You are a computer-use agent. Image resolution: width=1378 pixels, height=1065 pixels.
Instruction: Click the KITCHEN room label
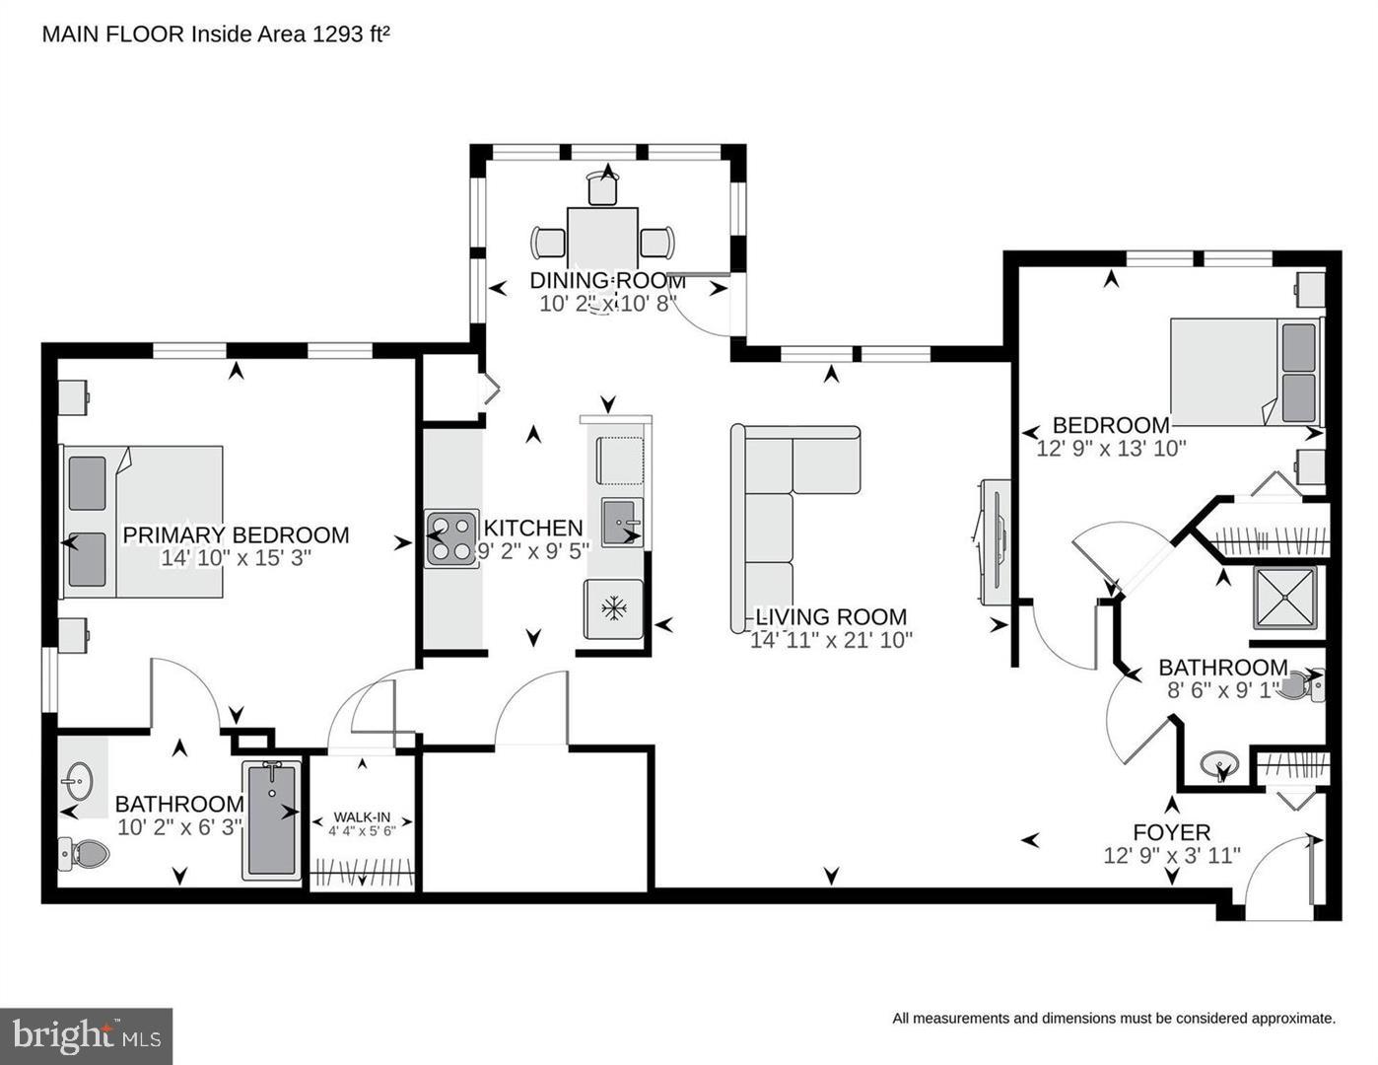pyautogui.click(x=532, y=528)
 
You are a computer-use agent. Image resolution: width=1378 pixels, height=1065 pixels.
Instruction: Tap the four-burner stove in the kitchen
pyautogui.click(x=452, y=538)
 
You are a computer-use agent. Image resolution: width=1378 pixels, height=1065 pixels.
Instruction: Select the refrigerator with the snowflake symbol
pyautogui.click(x=613, y=609)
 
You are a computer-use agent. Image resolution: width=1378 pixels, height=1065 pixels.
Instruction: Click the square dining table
pyautogui.click(x=602, y=239)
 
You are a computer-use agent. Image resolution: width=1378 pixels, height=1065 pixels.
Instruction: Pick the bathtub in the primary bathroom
pyautogui.click(x=272, y=820)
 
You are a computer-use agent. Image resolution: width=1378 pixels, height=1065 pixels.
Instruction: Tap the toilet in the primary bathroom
pyautogui.click(x=84, y=853)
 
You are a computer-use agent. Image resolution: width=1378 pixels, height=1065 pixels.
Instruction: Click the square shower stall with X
pyautogui.click(x=1284, y=599)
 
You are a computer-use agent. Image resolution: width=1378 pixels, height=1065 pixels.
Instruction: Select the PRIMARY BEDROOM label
pyautogui.click(x=236, y=534)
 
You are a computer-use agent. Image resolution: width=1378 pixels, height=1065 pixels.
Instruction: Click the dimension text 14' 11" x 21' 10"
pyautogui.click(x=831, y=640)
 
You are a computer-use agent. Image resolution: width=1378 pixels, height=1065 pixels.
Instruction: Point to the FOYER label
pyautogui.click(x=1172, y=831)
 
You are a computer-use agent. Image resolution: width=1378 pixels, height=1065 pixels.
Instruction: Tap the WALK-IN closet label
pyautogui.click(x=362, y=816)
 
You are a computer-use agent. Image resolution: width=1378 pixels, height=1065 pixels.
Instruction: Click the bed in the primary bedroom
pyautogui.click(x=143, y=522)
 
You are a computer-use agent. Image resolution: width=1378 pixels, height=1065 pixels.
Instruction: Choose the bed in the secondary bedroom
pyautogui.click(x=1246, y=373)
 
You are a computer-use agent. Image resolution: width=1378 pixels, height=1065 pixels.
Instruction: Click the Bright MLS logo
pyautogui.click(x=86, y=1035)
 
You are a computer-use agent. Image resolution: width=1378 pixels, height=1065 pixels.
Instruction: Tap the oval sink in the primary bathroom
pyautogui.click(x=80, y=780)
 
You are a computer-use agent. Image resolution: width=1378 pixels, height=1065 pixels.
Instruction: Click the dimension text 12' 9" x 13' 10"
pyautogui.click(x=1111, y=449)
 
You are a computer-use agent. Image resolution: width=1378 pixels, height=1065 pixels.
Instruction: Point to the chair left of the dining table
pyautogui.click(x=548, y=243)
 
